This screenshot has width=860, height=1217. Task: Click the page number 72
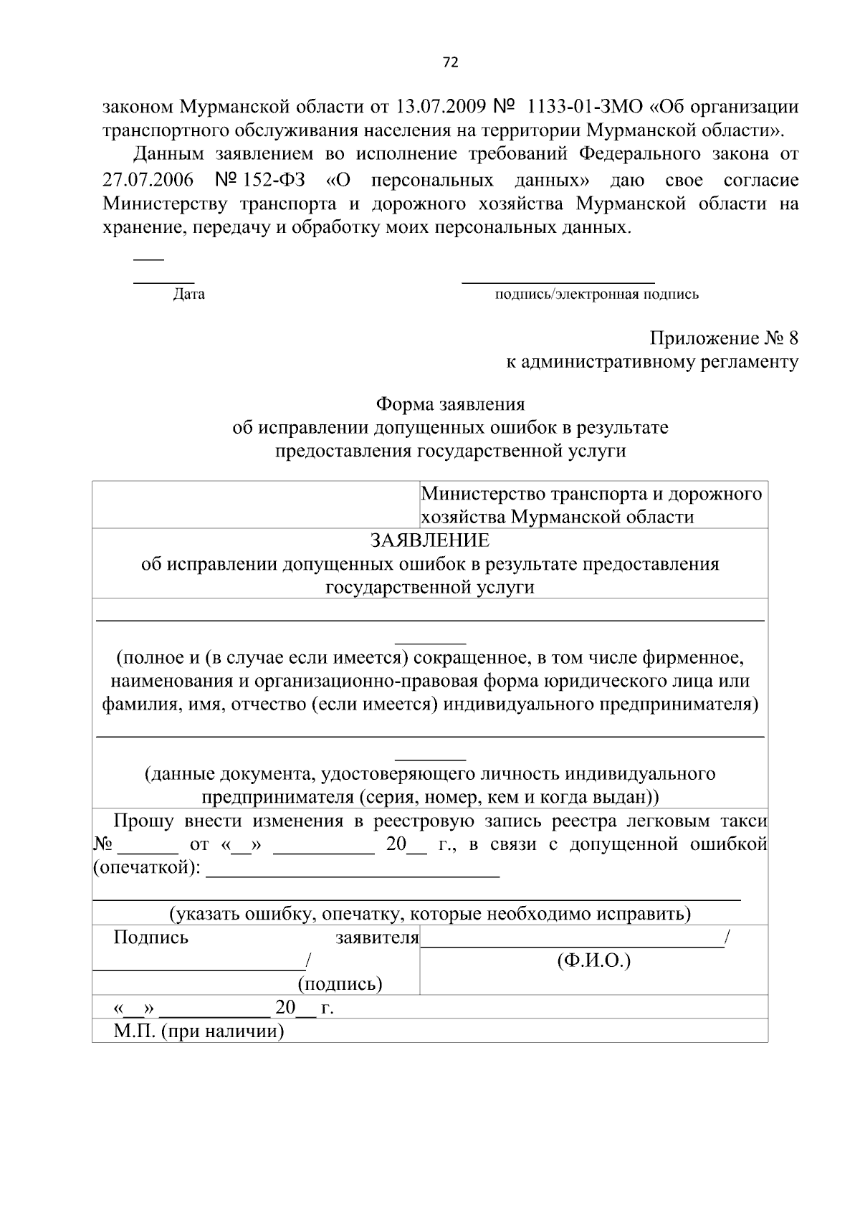pyautogui.click(x=450, y=62)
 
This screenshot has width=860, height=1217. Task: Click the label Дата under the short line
pyautogui.click(x=188, y=294)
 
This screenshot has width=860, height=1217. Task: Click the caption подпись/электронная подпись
pyautogui.click(x=597, y=294)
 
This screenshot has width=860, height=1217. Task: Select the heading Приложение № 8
pyautogui.click(x=724, y=338)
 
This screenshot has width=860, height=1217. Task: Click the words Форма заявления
pyautogui.click(x=451, y=404)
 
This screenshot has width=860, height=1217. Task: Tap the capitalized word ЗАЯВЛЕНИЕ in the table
pyautogui.click(x=429, y=540)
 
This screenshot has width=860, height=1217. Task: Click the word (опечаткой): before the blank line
pyautogui.click(x=147, y=868)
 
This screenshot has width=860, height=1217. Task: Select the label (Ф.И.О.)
pyautogui.click(x=593, y=960)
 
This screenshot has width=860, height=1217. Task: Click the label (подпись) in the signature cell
pyautogui.click(x=340, y=984)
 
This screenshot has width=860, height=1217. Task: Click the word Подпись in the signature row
pyautogui.click(x=150, y=937)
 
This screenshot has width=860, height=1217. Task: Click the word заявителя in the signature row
pyautogui.click(x=377, y=937)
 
